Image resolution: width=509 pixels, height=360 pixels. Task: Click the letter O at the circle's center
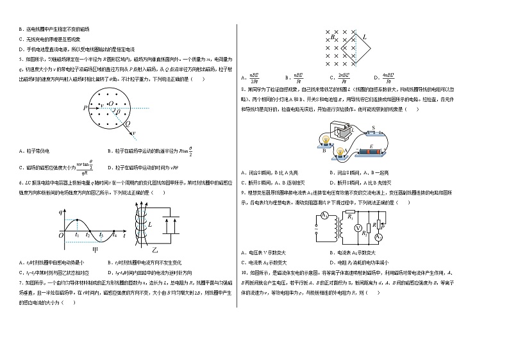[110, 103]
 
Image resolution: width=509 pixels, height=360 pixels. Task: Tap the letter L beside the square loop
[365, 37]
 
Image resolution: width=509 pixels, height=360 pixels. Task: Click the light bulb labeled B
[325, 143]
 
